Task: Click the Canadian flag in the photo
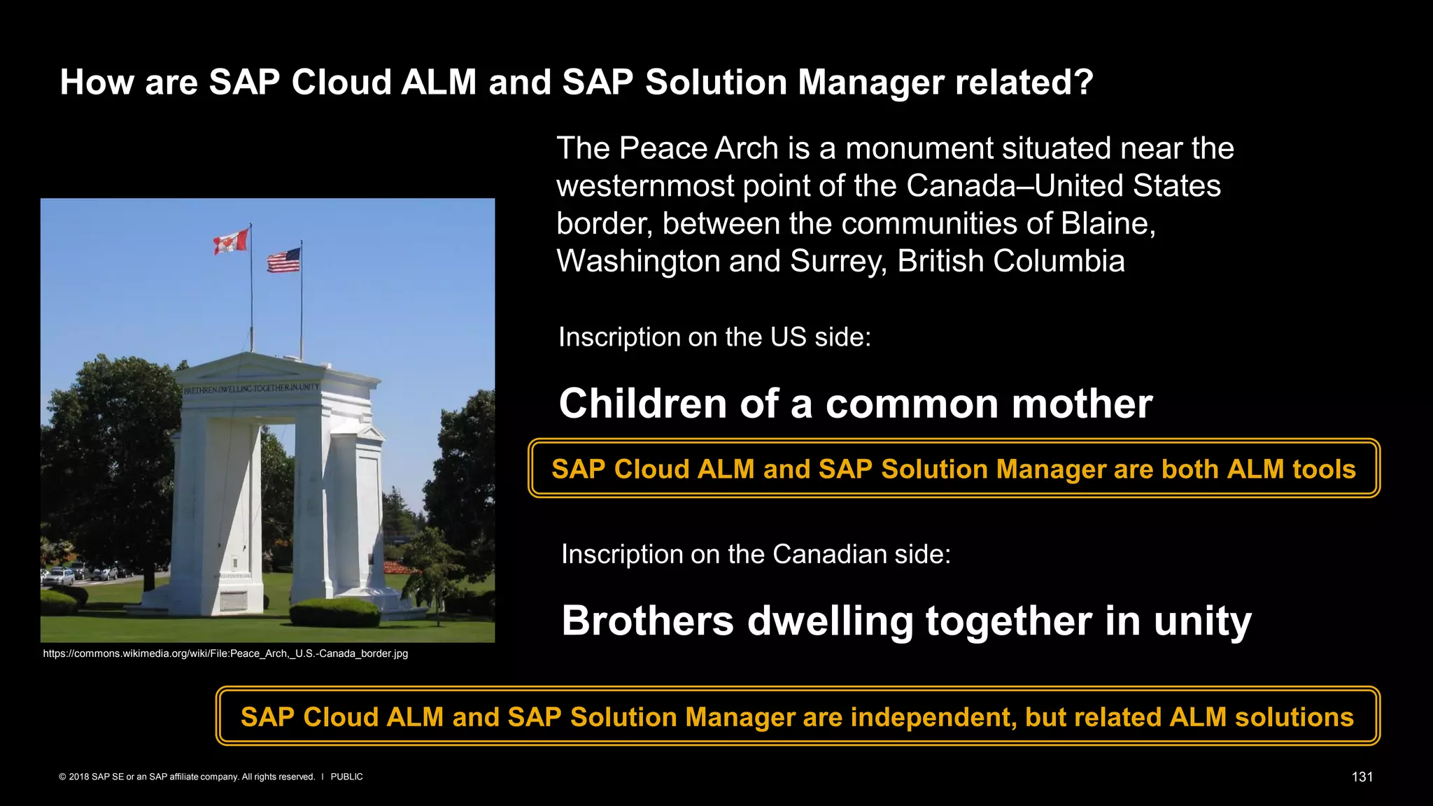(232, 241)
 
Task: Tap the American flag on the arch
(283, 260)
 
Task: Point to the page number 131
(1362, 777)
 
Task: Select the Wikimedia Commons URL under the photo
(225, 653)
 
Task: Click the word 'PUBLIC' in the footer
(346, 777)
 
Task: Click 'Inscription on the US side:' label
(714, 337)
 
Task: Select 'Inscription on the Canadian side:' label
(756, 554)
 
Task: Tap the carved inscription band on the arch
(251, 388)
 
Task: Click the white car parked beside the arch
(59, 577)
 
